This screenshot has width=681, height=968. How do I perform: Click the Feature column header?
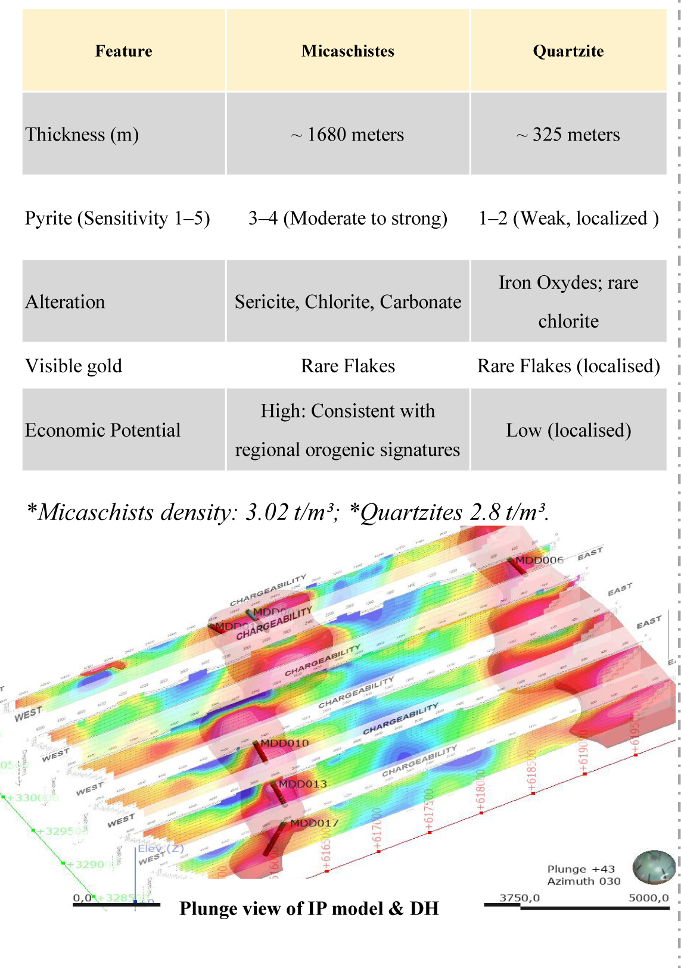[x=123, y=51]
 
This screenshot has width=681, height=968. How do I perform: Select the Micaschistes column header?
[x=348, y=51]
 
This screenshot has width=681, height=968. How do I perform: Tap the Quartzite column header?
[x=568, y=51]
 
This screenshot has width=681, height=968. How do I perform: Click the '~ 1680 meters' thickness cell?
[x=348, y=135]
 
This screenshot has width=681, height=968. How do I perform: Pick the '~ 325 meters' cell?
[x=568, y=135]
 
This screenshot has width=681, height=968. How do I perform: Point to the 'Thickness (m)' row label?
[x=82, y=135]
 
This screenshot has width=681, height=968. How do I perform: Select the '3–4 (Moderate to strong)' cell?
[x=348, y=219]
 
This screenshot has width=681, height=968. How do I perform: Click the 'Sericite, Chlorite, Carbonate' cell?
[x=348, y=302]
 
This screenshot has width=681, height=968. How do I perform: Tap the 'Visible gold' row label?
[x=74, y=366]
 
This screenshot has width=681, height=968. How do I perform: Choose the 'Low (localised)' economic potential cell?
[x=568, y=430]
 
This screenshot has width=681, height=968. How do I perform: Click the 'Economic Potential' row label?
[x=102, y=430]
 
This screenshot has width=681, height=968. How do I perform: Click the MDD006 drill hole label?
[x=539, y=560]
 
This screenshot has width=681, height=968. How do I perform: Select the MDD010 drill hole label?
[x=285, y=743]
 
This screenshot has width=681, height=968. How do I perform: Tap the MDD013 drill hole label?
[x=303, y=784]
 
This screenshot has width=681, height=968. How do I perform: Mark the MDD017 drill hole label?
[x=314, y=823]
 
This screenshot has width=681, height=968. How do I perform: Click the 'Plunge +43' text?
[x=581, y=869]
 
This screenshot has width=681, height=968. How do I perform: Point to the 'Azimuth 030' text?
[x=584, y=881]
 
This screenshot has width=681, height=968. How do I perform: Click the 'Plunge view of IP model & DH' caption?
[x=309, y=908]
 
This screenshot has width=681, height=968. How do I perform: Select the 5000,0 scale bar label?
[x=648, y=898]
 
